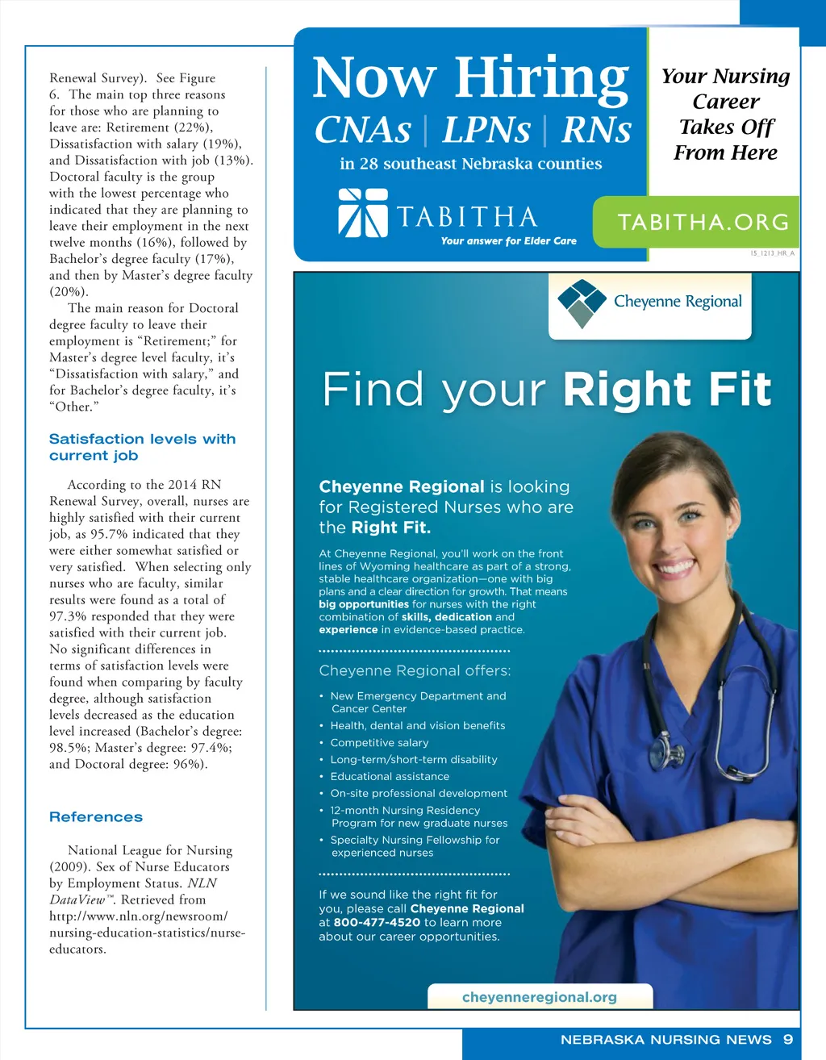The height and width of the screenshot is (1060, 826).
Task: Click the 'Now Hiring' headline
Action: tap(470, 78)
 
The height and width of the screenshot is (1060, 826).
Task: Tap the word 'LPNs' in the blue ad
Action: tap(486, 130)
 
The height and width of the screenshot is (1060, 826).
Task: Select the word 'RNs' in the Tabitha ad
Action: tap(596, 130)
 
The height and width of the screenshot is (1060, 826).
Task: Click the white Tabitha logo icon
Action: tap(363, 212)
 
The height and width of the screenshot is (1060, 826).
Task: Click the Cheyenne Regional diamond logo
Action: tap(582, 303)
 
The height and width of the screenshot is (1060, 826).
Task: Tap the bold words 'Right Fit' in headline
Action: tap(667, 390)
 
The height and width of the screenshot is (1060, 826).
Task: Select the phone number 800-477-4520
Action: tap(377, 922)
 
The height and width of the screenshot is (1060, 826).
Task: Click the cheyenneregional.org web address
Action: tap(539, 997)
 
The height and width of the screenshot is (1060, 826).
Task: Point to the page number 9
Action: tap(788, 1040)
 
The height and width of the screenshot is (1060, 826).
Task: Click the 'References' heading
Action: tap(96, 816)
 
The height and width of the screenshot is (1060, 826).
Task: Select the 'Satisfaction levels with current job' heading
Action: tap(142, 447)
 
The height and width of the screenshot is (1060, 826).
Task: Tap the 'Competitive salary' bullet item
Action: tap(379, 742)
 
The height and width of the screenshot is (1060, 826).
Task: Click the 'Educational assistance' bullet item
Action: tap(390, 776)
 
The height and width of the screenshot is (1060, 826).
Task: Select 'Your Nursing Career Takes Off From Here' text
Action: tap(725, 114)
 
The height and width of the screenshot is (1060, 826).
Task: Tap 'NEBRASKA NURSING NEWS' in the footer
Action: tap(665, 1040)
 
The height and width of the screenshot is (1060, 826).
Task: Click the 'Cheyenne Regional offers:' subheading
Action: tap(415, 670)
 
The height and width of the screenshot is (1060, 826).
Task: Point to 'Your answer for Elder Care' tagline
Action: tap(508, 240)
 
